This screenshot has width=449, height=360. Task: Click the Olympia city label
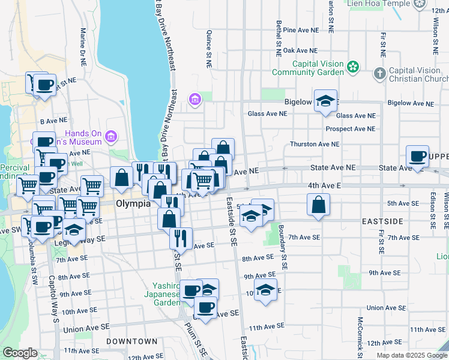coord(133,203)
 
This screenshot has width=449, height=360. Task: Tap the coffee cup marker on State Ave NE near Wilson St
coord(417,157)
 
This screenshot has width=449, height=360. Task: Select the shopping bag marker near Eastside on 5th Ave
coord(318,205)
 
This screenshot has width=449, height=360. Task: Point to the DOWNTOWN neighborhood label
coord(127,341)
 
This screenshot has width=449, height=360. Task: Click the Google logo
coord(20,353)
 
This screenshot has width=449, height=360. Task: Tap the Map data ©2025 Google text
coord(412,355)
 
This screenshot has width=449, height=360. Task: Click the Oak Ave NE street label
coord(300,51)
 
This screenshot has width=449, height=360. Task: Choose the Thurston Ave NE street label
coord(315,144)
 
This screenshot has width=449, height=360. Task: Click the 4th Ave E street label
coord(324,186)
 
